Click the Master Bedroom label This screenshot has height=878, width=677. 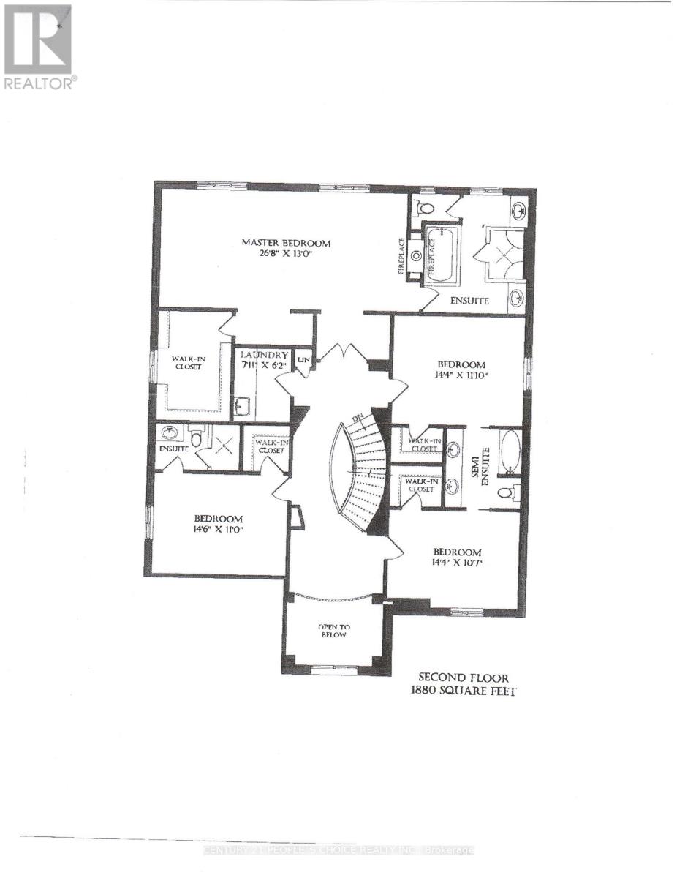pos(287,243)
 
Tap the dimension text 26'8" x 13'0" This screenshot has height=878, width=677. pos(287,256)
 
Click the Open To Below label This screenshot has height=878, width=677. pos(332,631)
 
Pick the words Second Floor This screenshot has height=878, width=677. pos(463,678)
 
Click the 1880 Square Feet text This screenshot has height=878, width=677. pos(463,691)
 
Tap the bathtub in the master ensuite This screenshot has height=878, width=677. pos(440,252)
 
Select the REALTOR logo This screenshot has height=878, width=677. pos(38,47)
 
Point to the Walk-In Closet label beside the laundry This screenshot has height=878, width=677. pos(187,362)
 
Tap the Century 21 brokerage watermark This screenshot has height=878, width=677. pos(338,850)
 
